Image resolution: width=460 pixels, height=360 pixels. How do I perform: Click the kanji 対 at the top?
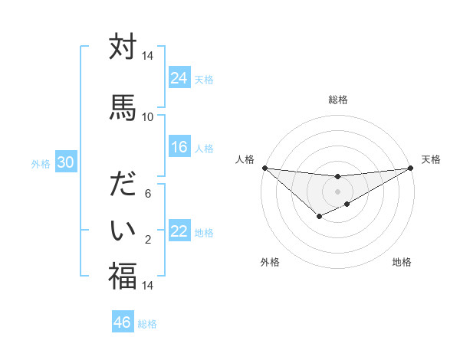pyautogui.click(x=123, y=47)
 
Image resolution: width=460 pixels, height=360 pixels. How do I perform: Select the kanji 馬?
pyautogui.click(x=123, y=107)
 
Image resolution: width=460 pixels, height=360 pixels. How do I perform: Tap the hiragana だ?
pyautogui.click(x=123, y=185)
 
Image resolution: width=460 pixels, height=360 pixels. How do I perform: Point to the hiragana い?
pyautogui.click(x=123, y=229)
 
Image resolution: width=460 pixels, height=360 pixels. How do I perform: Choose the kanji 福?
pyautogui.click(x=123, y=276)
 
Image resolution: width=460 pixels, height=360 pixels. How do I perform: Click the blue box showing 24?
pyautogui.click(x=179, y=78)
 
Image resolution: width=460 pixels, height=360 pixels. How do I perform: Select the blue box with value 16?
pyautogui.click(x=179, y=148)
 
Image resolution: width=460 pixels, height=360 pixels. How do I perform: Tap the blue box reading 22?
pyautogui.click(x=179, y=232)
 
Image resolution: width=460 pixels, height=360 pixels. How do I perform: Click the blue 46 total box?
pyautogui.click(x=123, y=322)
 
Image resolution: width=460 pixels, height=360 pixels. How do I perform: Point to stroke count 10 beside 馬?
pyautogui.click(x=147, y=117)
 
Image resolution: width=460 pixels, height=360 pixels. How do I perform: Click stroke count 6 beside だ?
pyautogui.click(x=148, y=195)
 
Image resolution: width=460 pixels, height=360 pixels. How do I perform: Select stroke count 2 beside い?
pyautogui.click(x=148, y=241)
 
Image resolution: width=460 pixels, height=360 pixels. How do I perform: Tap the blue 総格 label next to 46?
pyautogui.click(x=147, y=324)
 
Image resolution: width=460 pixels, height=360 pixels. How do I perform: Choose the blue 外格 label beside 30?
pyautogui.click(x=40, y=163)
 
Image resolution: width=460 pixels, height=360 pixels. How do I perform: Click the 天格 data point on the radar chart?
pyautogui.click(x=412, y=169)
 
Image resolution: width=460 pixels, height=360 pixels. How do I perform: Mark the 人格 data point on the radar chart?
pyautogui.click(x=264, y=168)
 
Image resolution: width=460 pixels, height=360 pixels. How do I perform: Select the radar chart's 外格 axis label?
pyautogui.click(x=270, y=263)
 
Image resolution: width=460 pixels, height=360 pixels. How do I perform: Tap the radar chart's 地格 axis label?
pyautogui.click(x=402, y=263)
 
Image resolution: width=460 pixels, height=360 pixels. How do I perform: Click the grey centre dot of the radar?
pyautogui.click(x=337, y=191)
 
